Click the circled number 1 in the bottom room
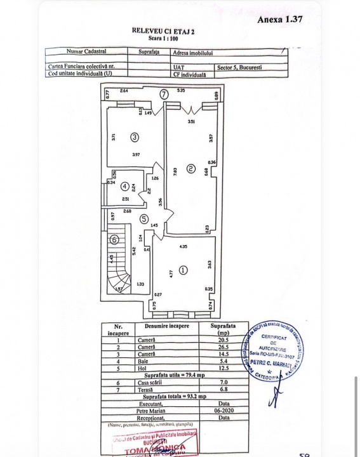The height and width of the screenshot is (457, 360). click(184, 269)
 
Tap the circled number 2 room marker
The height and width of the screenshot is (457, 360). click(190, 168)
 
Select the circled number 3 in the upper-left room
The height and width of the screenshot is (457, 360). click(135, 136)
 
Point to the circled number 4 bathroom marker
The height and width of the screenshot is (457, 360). click(125, 187)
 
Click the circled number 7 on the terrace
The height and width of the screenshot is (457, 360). click(164, 94)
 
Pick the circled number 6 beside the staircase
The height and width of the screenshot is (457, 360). click(114, 240)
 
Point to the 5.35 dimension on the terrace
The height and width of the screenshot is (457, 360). click(181, 91)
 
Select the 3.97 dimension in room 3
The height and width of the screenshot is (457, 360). click(135, 155)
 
